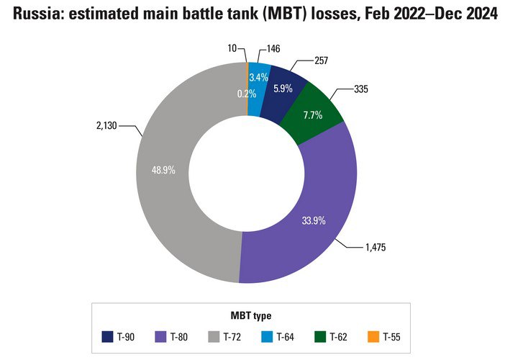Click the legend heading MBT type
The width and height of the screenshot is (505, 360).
tap(251, 316)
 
